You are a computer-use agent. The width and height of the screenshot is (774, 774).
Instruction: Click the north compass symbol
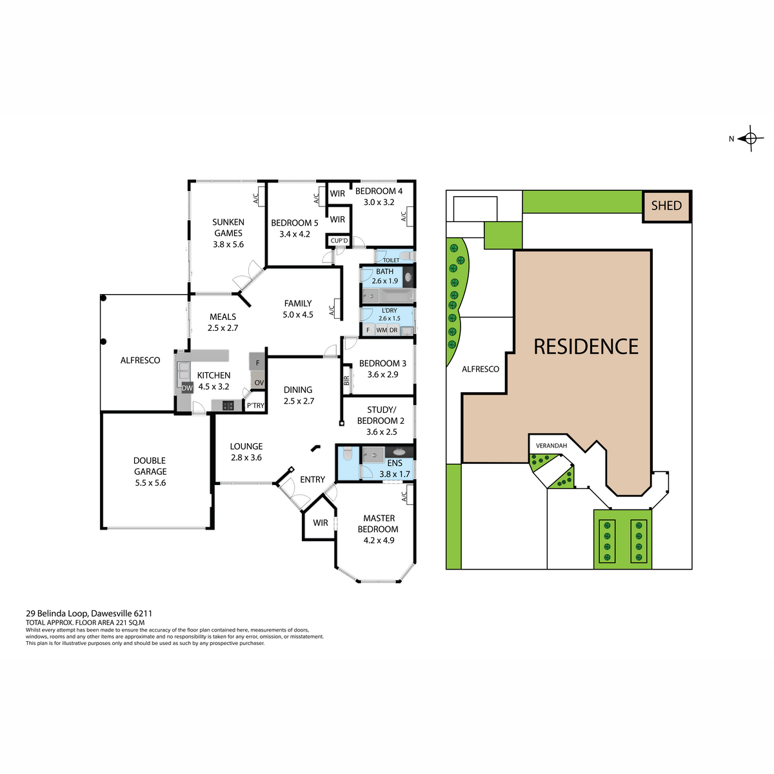[x=750, y=139]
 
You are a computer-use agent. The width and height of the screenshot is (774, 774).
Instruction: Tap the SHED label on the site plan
[x=666, y=206]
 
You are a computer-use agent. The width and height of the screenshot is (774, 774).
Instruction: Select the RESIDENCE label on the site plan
[x=586, y=346]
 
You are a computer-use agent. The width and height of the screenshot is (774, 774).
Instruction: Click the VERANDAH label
[x=551, y=446]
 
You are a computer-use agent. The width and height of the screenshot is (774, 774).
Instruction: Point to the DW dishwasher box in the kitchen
[x=187, y=388]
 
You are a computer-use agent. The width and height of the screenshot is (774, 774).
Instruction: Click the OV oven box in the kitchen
[x=259, y=382]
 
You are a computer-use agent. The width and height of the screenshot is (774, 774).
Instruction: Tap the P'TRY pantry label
[x=255, y=406]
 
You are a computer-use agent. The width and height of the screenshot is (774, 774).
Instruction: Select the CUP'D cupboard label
[x=339, y=241]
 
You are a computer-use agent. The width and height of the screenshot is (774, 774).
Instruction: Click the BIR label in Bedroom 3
[x=346, y=381]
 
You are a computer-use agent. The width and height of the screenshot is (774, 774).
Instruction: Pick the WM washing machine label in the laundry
[x=382, y=330]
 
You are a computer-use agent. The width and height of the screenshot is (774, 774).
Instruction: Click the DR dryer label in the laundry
[x=393, y=330]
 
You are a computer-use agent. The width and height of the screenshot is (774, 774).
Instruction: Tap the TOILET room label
[x=391, y=261]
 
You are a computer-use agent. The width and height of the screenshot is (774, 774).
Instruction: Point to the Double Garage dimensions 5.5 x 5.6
[x=150, y=483]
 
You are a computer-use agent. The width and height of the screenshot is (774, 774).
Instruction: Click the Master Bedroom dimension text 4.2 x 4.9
[x=379, y=541]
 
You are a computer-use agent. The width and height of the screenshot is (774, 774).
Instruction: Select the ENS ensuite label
[x=395, y=463]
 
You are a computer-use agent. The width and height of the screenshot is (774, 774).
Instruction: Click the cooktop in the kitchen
[x=228, y=406]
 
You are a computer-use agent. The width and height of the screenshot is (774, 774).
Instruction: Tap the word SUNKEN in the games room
[x=228, y=222]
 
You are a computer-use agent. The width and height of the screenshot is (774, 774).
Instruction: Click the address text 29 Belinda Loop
[x=57, y=614]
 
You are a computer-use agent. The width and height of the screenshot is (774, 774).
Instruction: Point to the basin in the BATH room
[x=408, y=277]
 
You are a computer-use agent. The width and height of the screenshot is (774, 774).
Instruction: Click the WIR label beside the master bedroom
[x=320, y=523]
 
